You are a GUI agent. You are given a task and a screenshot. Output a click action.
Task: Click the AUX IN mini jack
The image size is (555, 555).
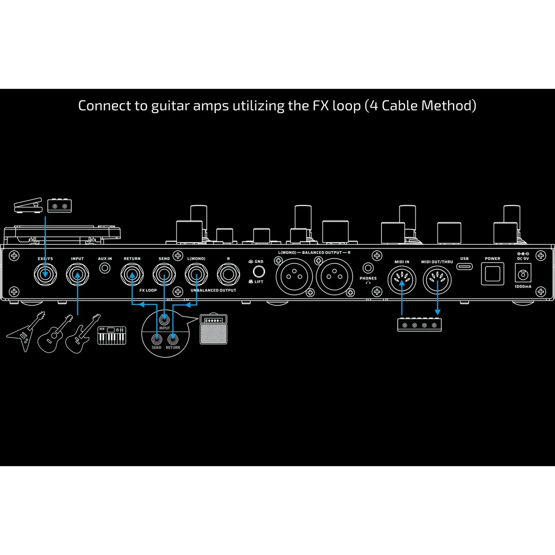(x=105, y=268)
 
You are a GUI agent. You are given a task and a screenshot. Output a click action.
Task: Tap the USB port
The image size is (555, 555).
(x=464, y=266)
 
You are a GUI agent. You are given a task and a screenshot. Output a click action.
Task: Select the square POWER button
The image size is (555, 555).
(x=493, y=274)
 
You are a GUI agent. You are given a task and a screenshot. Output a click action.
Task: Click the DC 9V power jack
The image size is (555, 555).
(x=523, y=275)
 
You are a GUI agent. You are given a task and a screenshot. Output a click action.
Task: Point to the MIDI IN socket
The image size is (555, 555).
(x=402, y=280)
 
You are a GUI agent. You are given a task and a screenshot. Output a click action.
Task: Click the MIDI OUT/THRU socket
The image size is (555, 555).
(x=437, y=280)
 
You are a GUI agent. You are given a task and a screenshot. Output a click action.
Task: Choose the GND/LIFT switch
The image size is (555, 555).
(x=259, y=271)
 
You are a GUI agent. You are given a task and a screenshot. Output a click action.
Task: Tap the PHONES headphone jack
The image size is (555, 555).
(x=368, y=268)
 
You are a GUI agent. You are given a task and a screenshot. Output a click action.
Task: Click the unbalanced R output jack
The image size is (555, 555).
(x=228, y=274)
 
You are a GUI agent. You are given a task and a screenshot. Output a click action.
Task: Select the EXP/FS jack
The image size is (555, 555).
(x=45, y=274)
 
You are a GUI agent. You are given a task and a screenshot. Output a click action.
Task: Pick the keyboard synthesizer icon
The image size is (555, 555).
(x=112, y=335)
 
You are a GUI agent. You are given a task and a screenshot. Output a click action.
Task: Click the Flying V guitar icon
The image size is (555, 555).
(x=26, y=332)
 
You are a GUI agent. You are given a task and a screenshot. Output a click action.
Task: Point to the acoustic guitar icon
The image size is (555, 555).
(x=55, y=334)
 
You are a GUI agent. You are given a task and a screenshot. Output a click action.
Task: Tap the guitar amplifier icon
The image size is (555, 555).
(x=213, y=329)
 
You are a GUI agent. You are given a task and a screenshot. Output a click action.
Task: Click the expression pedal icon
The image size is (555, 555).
(x=28, y=205)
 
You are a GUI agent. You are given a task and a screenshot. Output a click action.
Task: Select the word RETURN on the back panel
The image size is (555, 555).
(x=132, y=259)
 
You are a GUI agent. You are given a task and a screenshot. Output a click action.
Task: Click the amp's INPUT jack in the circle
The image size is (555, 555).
(x=164, y=320)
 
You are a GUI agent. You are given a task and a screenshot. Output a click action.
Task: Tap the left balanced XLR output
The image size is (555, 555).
(x=294, y=277)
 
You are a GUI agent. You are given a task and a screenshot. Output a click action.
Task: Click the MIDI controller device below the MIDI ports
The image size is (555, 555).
(x=419, y=325)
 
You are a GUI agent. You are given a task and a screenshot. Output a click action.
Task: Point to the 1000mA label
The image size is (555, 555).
(x=523, y=287)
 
